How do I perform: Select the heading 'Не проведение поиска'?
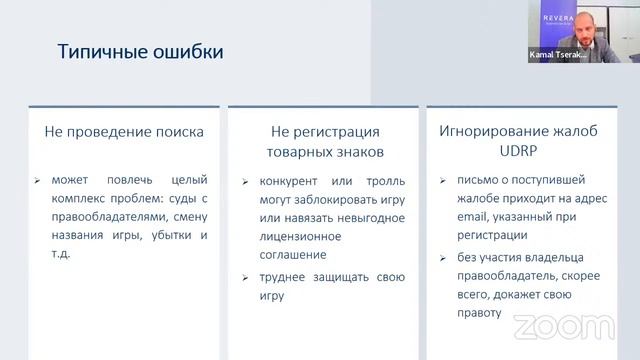(125, 131)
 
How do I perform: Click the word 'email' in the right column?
(454, 218)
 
